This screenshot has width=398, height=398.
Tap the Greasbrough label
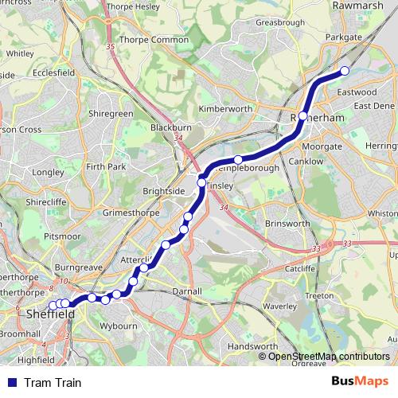click(280, 23)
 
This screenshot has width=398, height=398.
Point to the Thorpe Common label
click(153, 39)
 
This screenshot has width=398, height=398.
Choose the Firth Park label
click(107, 166)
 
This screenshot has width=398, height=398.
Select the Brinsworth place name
click(287, 224)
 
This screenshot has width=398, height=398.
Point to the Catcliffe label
click(301, 269)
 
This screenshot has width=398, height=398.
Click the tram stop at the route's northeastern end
click(345, 72)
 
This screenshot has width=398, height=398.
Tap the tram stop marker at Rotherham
click(302, 116)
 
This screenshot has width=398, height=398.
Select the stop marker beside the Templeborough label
click(237, 160)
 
